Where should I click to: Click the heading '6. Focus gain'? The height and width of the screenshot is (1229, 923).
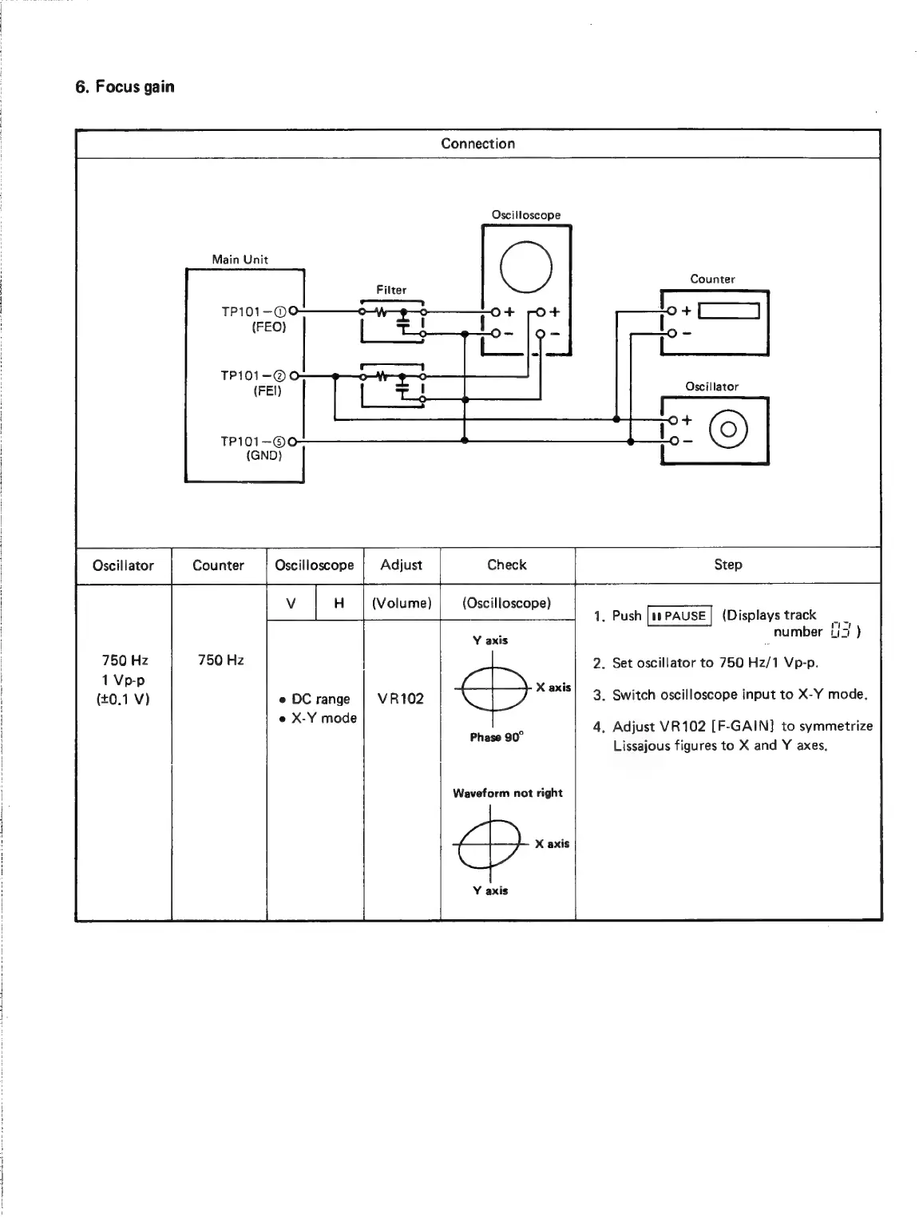(x=125, y=87)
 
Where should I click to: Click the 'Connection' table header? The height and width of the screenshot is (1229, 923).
(x=477, y=144)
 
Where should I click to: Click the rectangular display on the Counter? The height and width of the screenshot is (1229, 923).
(x=726, y=311)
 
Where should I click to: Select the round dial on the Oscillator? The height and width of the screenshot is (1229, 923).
(x=729, y=430)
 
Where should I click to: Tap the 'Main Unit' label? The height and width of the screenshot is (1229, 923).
(x=240, y=260)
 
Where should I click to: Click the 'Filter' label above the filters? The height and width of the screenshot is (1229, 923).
(x=391, y=290)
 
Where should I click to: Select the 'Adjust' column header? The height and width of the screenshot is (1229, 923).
(x=401, y=565)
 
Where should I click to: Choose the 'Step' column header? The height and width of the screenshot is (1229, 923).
(x=727, y=565)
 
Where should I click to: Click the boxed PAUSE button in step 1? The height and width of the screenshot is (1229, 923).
(x=679, y=616)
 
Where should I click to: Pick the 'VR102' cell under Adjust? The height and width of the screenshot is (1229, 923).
(x=401, y=699)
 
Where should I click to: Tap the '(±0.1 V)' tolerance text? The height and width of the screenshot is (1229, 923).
(x=123, y=700)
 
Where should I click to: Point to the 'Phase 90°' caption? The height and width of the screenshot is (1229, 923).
(x=496, y=738)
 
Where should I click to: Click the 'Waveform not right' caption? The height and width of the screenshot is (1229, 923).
(x=507, y=793)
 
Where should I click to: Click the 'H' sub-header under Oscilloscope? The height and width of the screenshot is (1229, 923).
(x=339, y=603)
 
